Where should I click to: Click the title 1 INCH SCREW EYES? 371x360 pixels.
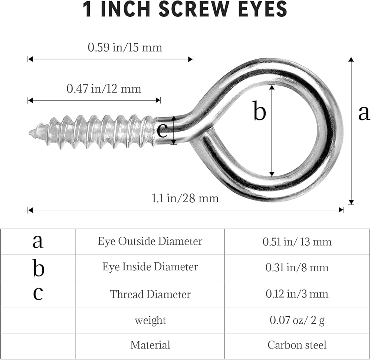(x=185, y=10)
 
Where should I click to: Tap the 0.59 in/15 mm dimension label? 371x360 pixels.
(x=125, y=48)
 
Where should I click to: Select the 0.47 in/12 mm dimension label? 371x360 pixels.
(x=104, y=89)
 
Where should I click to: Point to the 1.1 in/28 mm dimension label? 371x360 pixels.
(x=185, y=198)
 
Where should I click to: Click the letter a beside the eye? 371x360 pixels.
(x=364, y=113)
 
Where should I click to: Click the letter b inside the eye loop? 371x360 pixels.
(x=259, y=111)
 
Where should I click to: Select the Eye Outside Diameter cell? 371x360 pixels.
(x=150, y=241)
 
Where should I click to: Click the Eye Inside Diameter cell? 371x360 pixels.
(x=150, y=267)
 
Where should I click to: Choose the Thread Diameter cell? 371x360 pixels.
(x=150, y=294)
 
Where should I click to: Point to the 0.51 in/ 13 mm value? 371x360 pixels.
(x=297, y=242)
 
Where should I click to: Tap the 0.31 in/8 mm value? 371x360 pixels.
(x=297, y=268)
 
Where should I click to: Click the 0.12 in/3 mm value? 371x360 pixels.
(x=297, y=294)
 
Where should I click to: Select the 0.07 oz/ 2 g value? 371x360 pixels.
(x=297, y=320)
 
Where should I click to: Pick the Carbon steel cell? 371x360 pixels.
(x=297, y=345)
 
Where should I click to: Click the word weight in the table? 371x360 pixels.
(x=150, y=320)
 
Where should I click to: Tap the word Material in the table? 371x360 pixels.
(x=150, y=345)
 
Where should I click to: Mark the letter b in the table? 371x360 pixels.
(x=38, y=268)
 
